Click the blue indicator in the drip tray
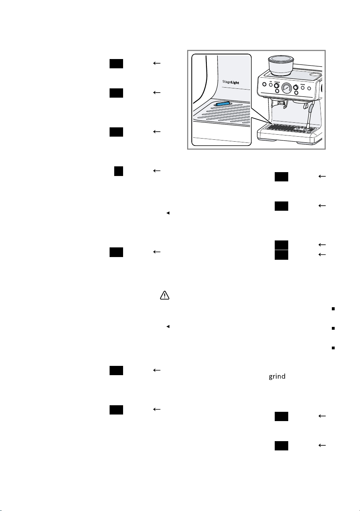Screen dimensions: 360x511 tap(222, 104)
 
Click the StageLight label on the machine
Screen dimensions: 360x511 tap(231, 82)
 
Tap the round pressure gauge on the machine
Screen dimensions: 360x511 tap(286, 88)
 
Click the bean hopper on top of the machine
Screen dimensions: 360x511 tap(281, 66)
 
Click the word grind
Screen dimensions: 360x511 tap(277, 376)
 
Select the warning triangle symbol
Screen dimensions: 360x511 tap(164, 295)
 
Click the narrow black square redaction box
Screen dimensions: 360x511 tap(118, 171)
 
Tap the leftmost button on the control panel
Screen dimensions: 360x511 tap(264, 84)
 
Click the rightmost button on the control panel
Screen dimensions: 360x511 tap(309, 88)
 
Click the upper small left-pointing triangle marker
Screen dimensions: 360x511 tap(168, 213)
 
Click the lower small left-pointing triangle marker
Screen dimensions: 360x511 tap(168, 327)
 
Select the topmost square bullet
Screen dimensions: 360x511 tap(333, 309)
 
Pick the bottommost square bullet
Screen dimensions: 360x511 tap(333, 348)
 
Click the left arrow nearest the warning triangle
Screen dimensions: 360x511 tap(157, 252)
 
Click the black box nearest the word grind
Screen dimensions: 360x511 tap(281, 416)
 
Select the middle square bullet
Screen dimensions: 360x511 tap(333, 328)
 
